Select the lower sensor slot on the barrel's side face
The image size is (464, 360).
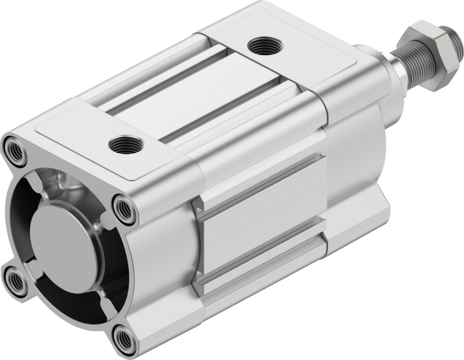coord(264,255)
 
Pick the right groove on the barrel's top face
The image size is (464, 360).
coord(224,110)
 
